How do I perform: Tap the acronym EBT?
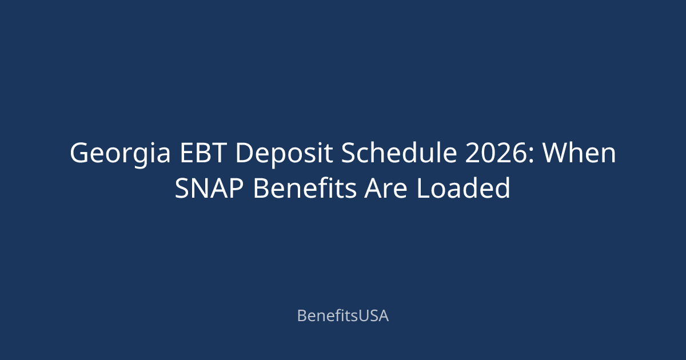(x=203, y=153)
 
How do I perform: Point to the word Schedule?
(x=399, y=152)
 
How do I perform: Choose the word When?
(x=580, y=153)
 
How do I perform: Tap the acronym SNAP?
(x=209, y=188)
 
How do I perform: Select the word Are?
(x=385, y=188)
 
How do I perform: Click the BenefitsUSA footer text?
(x=343, y=315)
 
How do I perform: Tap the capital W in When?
(x=556, y=153)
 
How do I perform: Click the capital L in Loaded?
(x=424, y=188)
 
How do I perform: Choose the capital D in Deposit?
(x=245, y=153)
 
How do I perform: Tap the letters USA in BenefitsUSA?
(x=373, y=316)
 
